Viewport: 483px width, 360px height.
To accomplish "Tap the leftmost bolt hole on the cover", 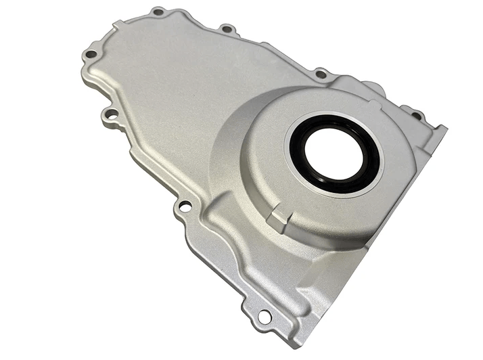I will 90,54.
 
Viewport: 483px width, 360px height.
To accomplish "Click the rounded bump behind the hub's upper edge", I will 371,89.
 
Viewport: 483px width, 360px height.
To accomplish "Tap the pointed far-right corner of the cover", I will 445,129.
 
